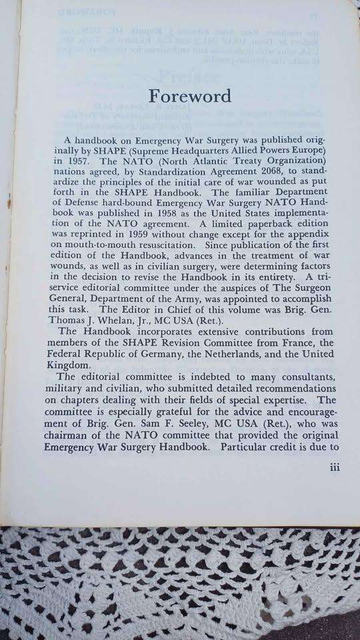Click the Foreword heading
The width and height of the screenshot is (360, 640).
point(190,95)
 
